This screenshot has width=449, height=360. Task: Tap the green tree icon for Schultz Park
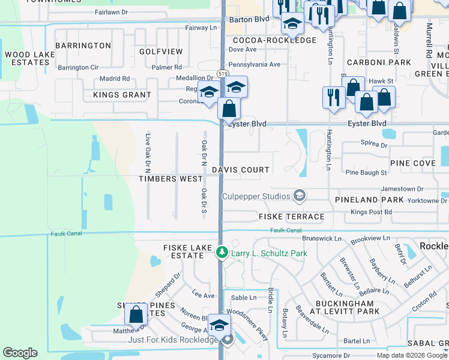click(x=221, y=253)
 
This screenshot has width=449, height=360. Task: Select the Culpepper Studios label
click(x=256, y=196)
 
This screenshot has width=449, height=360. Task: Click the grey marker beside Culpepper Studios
click(x=299, y=196)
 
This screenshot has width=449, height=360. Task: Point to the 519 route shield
click(x=223, y=73)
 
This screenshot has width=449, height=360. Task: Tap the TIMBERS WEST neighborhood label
click(x=170, y=179)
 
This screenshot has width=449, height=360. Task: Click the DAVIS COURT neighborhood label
click(x=240, y=170)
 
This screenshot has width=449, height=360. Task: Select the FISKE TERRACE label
click(x=291, y=216)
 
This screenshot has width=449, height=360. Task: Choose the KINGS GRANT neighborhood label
click(x=122, y=95)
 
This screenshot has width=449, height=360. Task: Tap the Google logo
click(x=20, y=353)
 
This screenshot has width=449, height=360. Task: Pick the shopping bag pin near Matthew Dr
click(x=136, y=314)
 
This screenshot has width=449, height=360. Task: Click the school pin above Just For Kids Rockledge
click(x=218, y=325)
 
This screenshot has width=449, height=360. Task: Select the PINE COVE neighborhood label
click(x=412, y=163)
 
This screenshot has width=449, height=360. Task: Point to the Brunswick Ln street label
click(x=321, y=238)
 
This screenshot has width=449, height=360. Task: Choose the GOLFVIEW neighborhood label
click(x=161, y=52)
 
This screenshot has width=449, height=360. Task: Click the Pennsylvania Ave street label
click(x=255, y=64)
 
